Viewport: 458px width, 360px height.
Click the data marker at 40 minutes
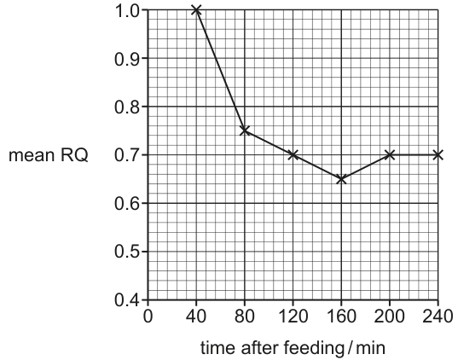(x=196, y=10)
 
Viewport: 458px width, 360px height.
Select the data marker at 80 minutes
(x=245, y=131)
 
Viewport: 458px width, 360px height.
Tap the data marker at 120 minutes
(x=293, y=154)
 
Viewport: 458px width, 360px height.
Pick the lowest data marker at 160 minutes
(x=341, y=179)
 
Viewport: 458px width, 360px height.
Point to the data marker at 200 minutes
(x=390, y=154)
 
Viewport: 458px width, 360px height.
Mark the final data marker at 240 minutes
(x=438, y=154)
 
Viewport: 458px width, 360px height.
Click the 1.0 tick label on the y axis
(x=127, y=11)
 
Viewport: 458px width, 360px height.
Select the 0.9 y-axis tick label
(x=127, y=59)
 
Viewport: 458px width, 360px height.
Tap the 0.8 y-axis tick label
(x=127, y=107)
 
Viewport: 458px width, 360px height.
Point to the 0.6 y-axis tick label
(x=127, y=204)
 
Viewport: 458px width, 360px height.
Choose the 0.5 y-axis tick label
(x=127, y=252)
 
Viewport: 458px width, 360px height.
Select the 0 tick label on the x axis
(x=148, y=316)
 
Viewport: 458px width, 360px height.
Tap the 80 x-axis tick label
(x=245, y=316)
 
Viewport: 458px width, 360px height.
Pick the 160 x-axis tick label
(x=341, y=316)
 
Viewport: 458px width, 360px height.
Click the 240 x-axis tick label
(x=438, y=316)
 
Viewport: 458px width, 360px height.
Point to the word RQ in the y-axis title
(x=74, y=155)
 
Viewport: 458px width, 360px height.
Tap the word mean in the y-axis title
(x=32, y=155)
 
